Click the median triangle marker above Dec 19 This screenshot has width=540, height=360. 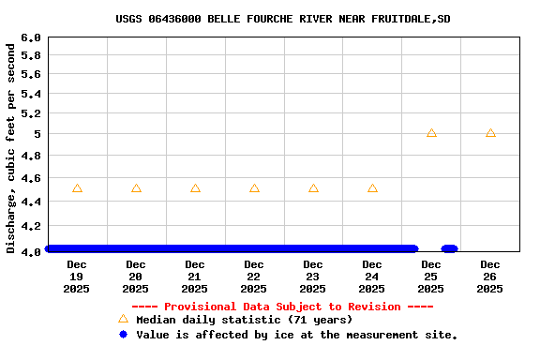tap(77, 188)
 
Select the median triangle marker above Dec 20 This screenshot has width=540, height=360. tap(136, 188)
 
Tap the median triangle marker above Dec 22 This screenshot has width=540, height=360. tap(254, 188)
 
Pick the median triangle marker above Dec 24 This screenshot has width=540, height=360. tap(372, 188)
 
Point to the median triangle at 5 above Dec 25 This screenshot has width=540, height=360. tap(431, 133)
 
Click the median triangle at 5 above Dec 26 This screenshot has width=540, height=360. tap(490, 133)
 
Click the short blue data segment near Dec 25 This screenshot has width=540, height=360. tap(449, 248)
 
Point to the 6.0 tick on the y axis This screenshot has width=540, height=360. tap(31, 38)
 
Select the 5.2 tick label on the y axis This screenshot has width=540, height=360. tap(31, 113)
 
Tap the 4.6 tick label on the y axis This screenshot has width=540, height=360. tap(31, 178)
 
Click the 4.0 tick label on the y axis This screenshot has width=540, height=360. tap(31, 250)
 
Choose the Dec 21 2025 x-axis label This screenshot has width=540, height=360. tap(195, 277)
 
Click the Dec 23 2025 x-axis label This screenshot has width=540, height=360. tap(313, 277)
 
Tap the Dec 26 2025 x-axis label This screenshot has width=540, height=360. tap(490, 277)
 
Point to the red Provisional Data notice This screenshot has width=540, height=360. tap(282, 307)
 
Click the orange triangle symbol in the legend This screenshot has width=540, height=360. tap(123, 320)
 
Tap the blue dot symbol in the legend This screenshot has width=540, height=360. tap(123, 335)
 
